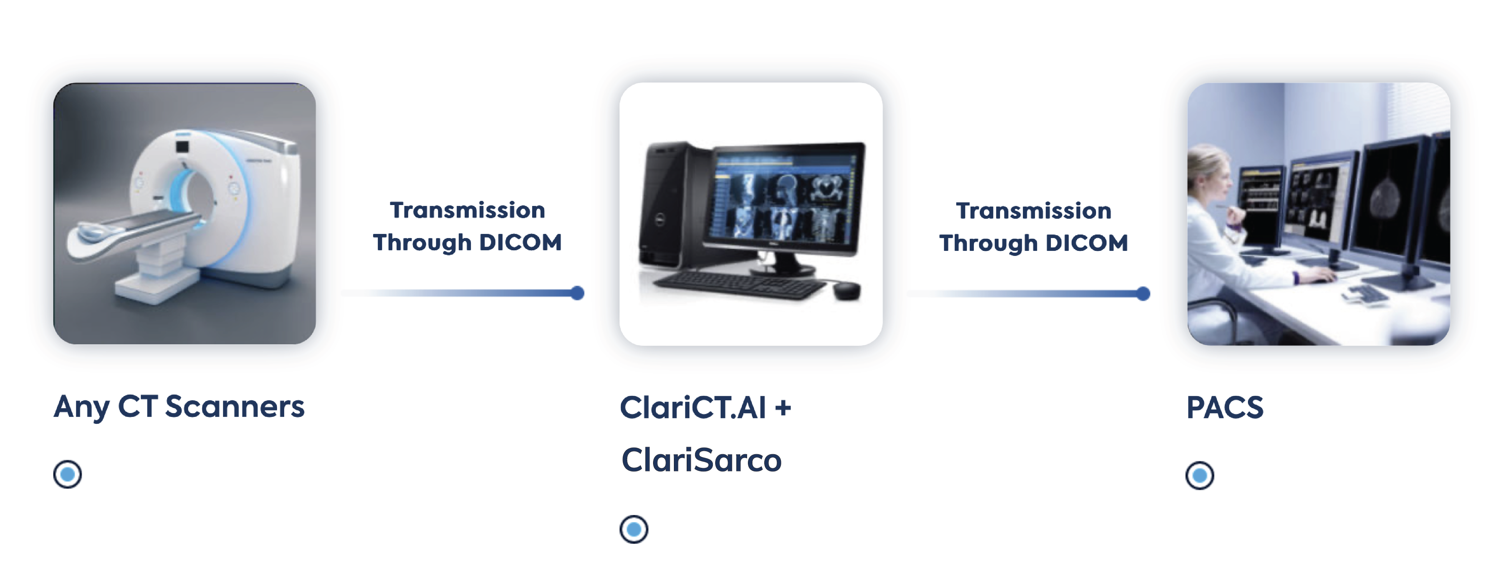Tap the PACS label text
click(1224, 407)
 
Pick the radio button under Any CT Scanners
click(67, 474)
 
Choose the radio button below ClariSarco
click(634, 529)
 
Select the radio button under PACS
click(1200, 476)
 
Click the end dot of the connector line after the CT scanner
click(577, 293)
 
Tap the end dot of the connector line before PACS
click(1143, 294)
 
